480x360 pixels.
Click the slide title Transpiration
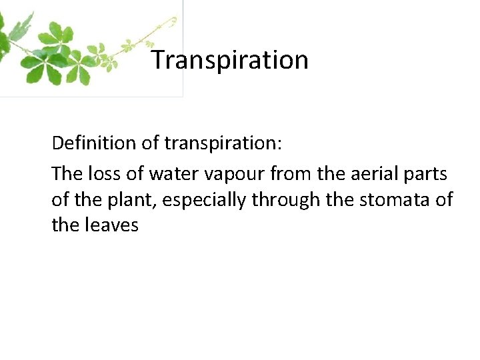(230, 60)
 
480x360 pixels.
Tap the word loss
(101, 175)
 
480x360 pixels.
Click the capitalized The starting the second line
(66, 175)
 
